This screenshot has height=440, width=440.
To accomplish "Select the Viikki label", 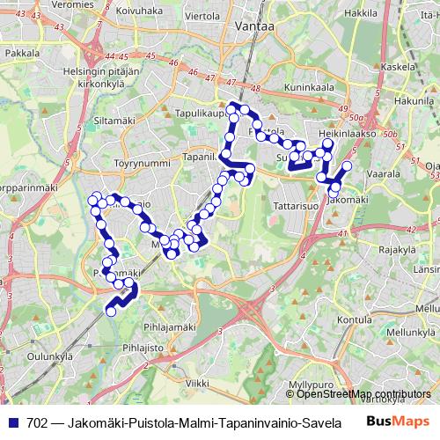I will tap(198, 384).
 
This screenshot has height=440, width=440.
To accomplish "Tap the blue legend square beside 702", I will tap(11, 422).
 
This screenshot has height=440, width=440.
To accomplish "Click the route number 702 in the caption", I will tap(38, 422).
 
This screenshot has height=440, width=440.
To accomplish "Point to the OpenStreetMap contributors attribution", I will tap(354, 395).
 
